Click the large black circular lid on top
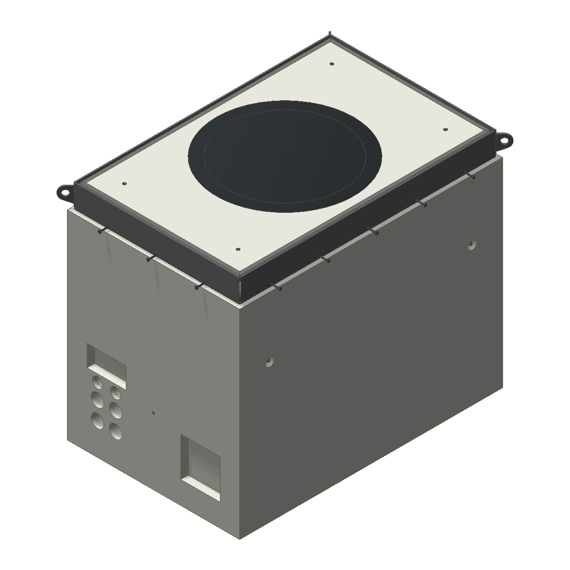click(x=285, y=156)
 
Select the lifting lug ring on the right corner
click(x=506, y=140)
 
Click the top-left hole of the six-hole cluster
click(x=98, y=382)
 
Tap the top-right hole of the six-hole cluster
click(x=115, y=393)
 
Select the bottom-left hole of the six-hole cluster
click(x=97, y=420)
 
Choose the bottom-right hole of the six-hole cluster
click(x=115, y=431)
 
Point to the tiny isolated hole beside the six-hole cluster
click(x=153, y=412)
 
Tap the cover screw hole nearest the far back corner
click(x=332, y=64)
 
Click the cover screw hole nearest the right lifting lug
click(x=446, y=129)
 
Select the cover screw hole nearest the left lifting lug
click(x=124, y=183)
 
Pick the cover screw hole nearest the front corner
click(x=238, y=249)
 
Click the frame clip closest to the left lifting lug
click(x=101, y=231)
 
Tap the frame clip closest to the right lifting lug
click(x=471, y=176)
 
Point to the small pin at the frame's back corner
click(x=330, y=33)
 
